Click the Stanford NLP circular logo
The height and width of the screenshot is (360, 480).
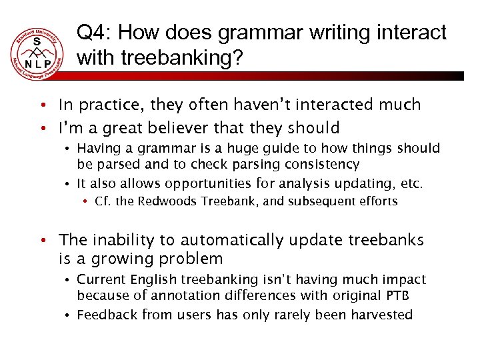click(38, 53)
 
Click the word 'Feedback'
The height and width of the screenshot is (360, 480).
click(105, 315)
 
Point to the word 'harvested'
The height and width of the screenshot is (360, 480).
click(383, 315)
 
